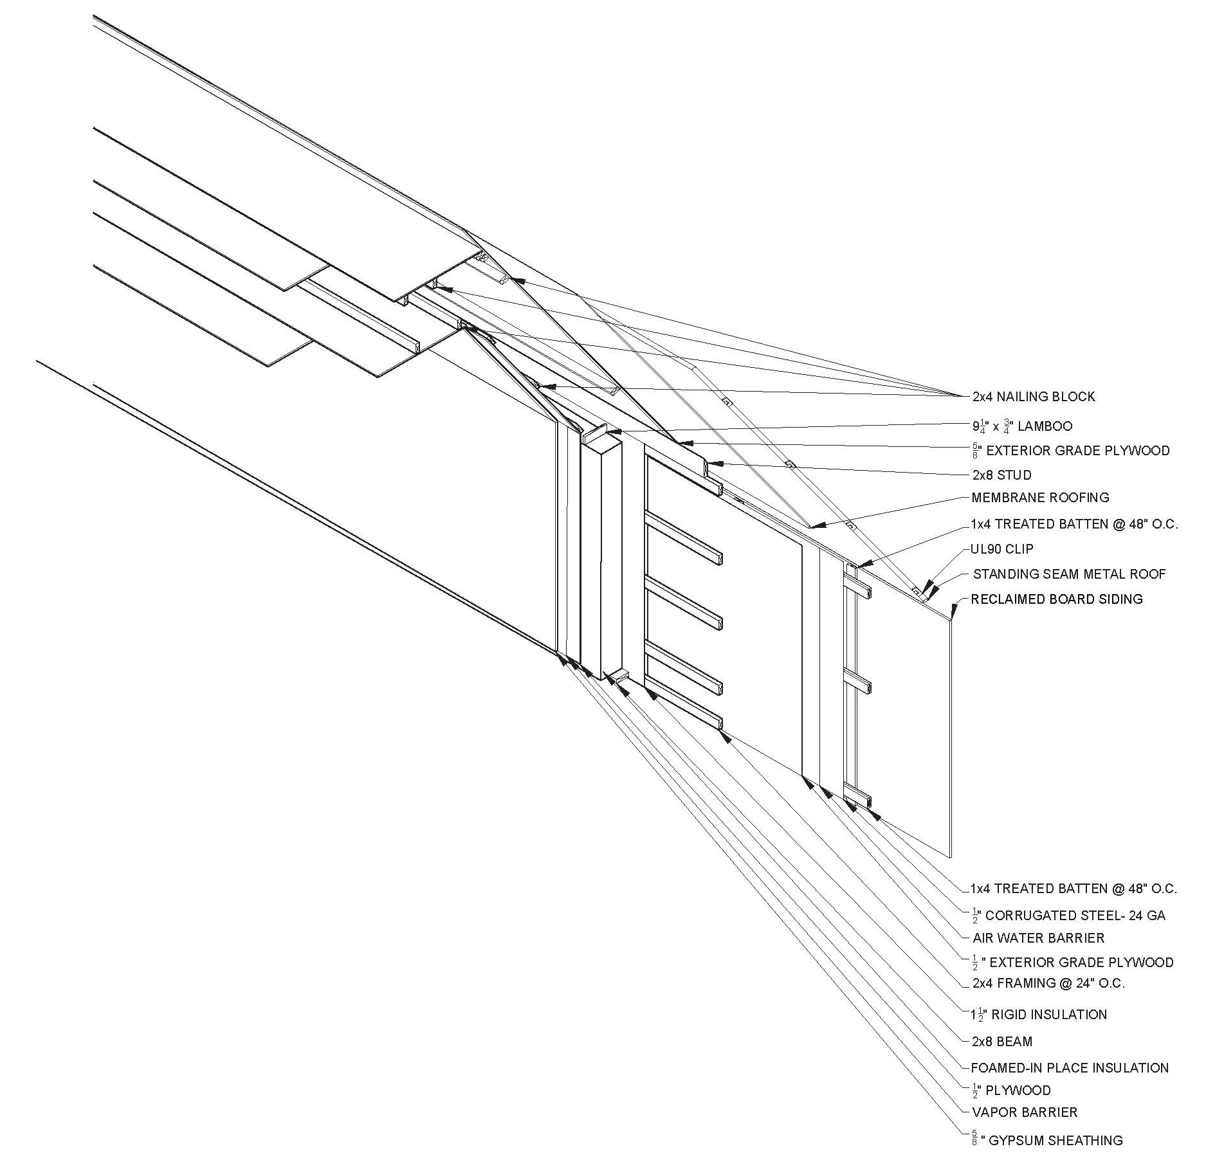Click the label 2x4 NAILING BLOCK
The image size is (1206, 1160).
click(x=1033, y=397)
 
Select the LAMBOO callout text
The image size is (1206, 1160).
click(x=1045, y=426)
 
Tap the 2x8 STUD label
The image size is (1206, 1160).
click(x=1001, y=475)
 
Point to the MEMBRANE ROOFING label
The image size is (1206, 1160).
click(x=1040, y=498)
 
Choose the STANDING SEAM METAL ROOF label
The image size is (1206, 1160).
click(x=1069, y=574)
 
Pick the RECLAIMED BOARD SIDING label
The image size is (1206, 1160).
click(x=1056, y=599)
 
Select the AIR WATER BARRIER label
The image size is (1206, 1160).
click(x=1038, y=938)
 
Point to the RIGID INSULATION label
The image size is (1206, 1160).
click(x=1049, y=1015)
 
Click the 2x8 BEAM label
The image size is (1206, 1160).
click(x=1002, y=1041)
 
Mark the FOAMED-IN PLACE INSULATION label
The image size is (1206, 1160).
click(x=1069, y=1067)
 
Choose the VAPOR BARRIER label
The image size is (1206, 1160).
click(x=1024, y=1112)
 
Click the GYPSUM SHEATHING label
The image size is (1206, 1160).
click(x=1055, y=1140)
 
